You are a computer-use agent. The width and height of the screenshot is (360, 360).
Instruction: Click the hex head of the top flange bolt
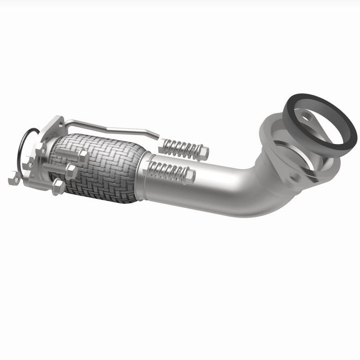(x=83, y=156)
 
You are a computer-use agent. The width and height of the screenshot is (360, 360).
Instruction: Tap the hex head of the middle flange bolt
(x=70, y=170)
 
